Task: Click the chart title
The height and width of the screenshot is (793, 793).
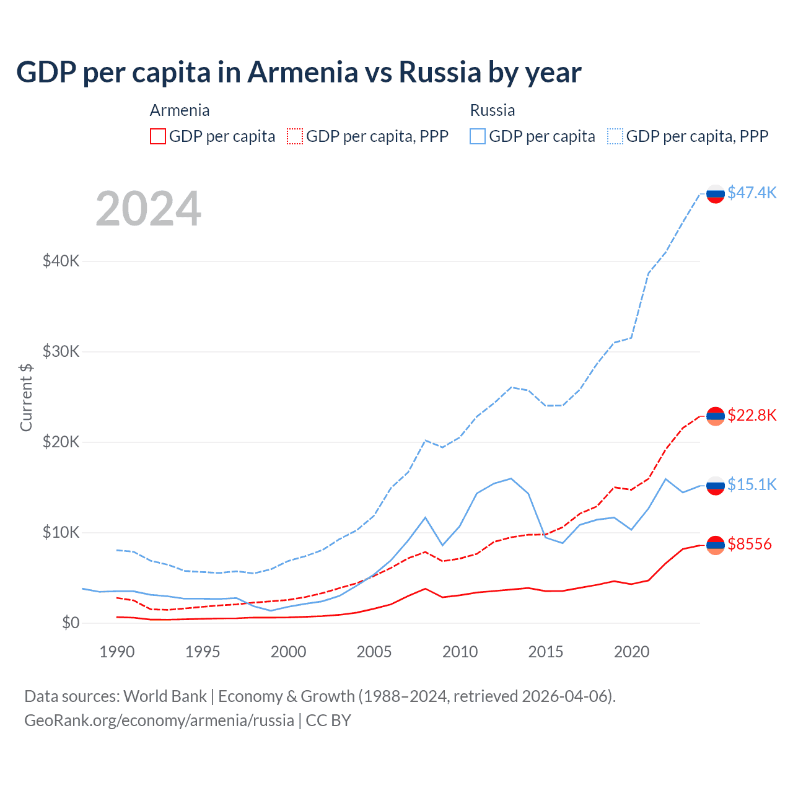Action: pos(299,72)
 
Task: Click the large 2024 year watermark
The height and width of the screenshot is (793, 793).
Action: pos(149,209)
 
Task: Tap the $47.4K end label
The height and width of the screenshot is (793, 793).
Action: pos(751,193)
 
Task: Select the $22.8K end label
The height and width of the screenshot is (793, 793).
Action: pos(751,415)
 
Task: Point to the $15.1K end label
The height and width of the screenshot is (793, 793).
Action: pos(751,484)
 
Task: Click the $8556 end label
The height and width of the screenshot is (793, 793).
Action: pos(750,544)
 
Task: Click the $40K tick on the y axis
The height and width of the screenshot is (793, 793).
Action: pos(61,261)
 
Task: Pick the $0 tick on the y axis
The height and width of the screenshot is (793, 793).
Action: pos(71,623)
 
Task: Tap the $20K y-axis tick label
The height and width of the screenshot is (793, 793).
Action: pos(61,442)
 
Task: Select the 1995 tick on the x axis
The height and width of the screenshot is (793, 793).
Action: pos(203,652)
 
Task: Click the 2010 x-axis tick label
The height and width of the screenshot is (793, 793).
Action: pos(460,652)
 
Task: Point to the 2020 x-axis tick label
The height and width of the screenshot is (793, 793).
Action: pos(631,652)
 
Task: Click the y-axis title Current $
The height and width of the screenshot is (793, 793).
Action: pos(26,397)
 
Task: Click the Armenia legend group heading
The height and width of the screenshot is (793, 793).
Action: pos(180,110)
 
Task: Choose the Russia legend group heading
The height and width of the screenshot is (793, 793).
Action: pos(493,110)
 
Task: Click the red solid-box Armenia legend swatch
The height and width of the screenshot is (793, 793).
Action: pos(158,136)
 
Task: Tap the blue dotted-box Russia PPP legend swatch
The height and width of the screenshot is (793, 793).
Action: pos(615,136)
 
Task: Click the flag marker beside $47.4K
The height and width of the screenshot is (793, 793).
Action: pos(716,193)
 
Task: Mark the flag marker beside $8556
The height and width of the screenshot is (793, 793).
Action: pos(716,545)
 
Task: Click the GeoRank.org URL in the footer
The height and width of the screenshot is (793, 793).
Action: pos(159,721)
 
